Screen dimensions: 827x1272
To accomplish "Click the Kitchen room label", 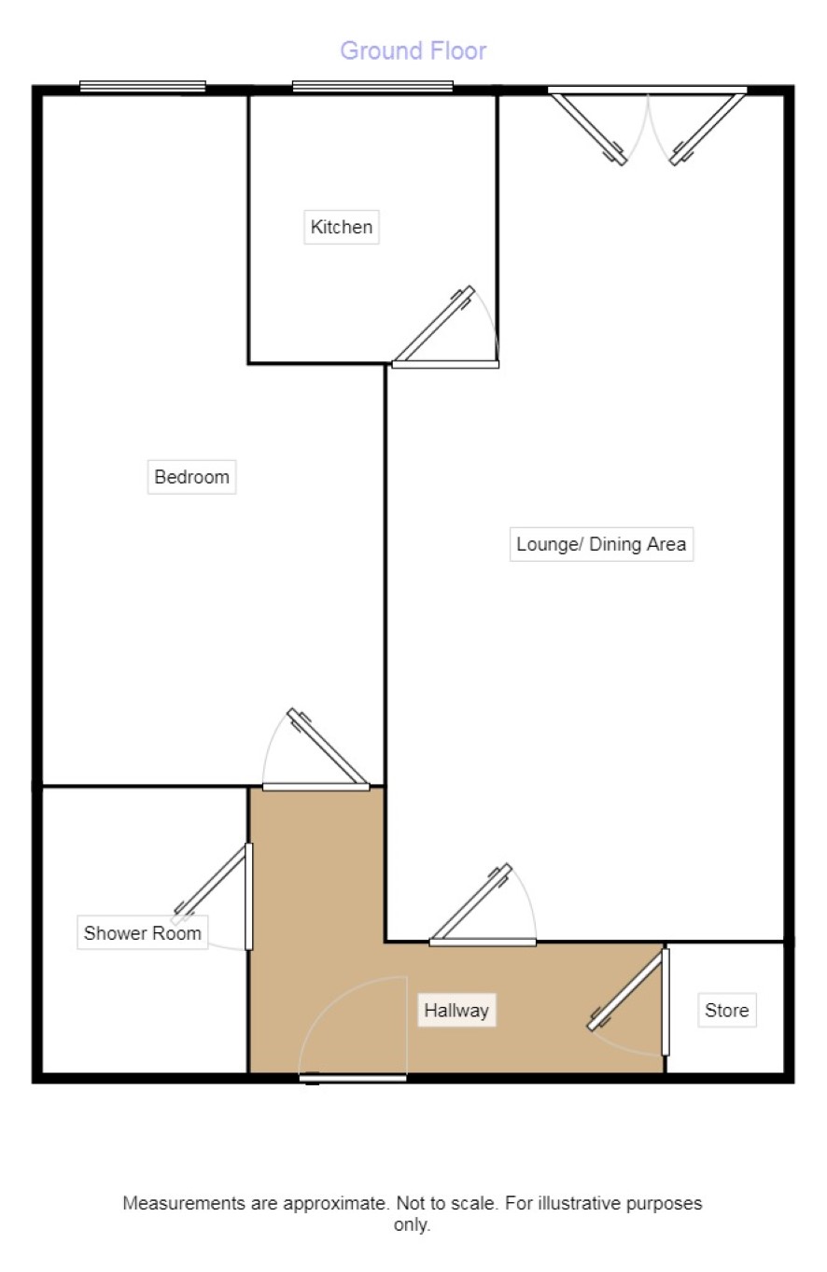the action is [342, 227].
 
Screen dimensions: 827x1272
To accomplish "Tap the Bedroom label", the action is [192, 477].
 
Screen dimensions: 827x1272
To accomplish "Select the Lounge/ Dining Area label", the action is [601, 544].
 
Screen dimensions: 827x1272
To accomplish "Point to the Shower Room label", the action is [143, 932].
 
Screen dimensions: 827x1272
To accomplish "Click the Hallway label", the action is [456, 1010].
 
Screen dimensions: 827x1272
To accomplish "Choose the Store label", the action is [727, 1010].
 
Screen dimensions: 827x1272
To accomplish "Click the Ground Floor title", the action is [413, 51].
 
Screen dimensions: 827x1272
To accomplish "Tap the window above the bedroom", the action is [143, 86].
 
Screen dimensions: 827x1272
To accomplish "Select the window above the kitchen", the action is [372, 86].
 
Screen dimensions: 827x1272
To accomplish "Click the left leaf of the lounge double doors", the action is [589, 129].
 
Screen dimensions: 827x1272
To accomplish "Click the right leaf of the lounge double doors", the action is [708, 129].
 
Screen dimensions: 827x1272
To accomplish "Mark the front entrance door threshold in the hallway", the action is [353, 1077].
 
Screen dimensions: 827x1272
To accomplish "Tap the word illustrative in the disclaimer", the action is [579, 1203].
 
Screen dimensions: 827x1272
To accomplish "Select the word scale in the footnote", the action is [474, 1203].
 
